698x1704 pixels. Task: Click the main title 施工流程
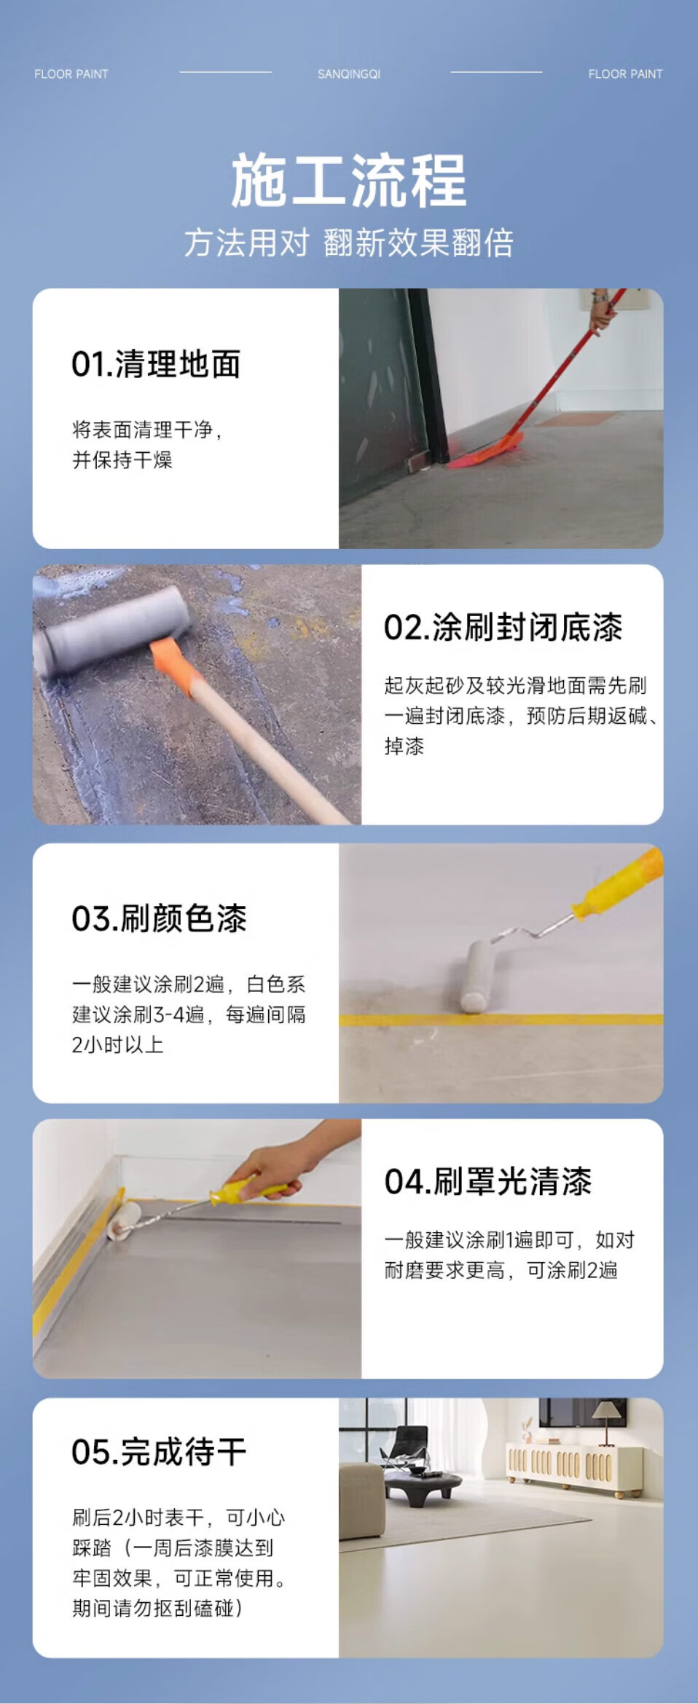click(x=349, y=181)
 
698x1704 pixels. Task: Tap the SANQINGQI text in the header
click(x=349, y=74)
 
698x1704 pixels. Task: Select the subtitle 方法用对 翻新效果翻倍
click(x=349, y=242)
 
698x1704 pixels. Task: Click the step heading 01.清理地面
click(x=156, y=364)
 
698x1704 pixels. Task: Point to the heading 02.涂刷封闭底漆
click(x=503, y=627)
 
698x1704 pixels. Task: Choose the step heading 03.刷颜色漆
click(x=160, y=918)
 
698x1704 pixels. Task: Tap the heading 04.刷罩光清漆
click(x=488, y=1181)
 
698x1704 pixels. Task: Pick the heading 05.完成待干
click(x=159, y=1451)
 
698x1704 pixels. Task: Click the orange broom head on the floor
click(x=487, y=451)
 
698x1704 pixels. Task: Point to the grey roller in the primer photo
click(x=113, y=630)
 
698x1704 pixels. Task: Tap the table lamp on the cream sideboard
click(x=604, y=1421)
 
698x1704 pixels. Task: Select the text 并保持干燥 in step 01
click(x=122, y=459)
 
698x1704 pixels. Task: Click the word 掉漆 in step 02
click(x=404, y=746)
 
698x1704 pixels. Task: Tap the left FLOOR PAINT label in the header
click(x=71, y=74)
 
